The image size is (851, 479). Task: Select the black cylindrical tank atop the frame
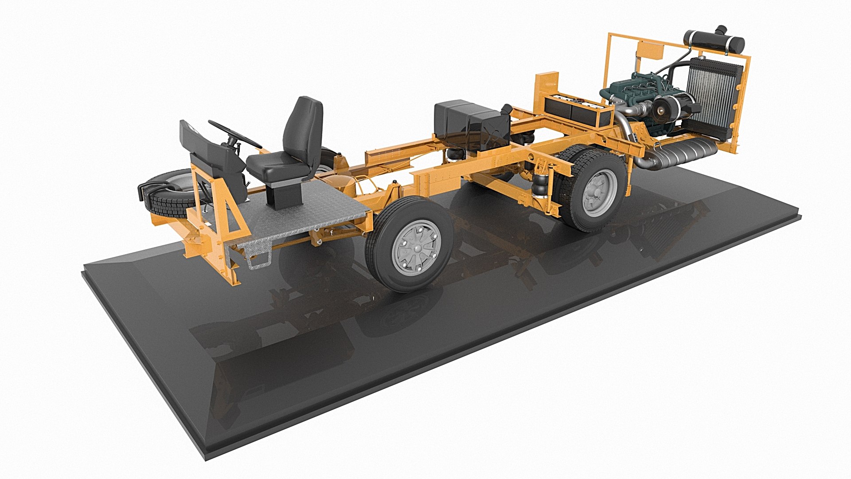[x=714, y=41]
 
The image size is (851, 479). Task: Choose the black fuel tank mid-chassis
[x=470, y=122]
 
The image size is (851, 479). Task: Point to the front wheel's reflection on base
[x=399, y=310]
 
